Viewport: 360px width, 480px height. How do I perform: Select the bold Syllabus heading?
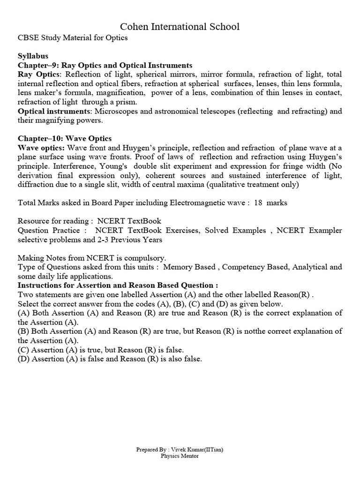coord(33,56)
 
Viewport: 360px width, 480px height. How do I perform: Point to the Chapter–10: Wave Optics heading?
coord(65,138)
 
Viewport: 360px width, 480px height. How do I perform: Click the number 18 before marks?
coord(259,202)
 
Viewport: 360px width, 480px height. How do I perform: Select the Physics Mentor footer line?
coord(180,456)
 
